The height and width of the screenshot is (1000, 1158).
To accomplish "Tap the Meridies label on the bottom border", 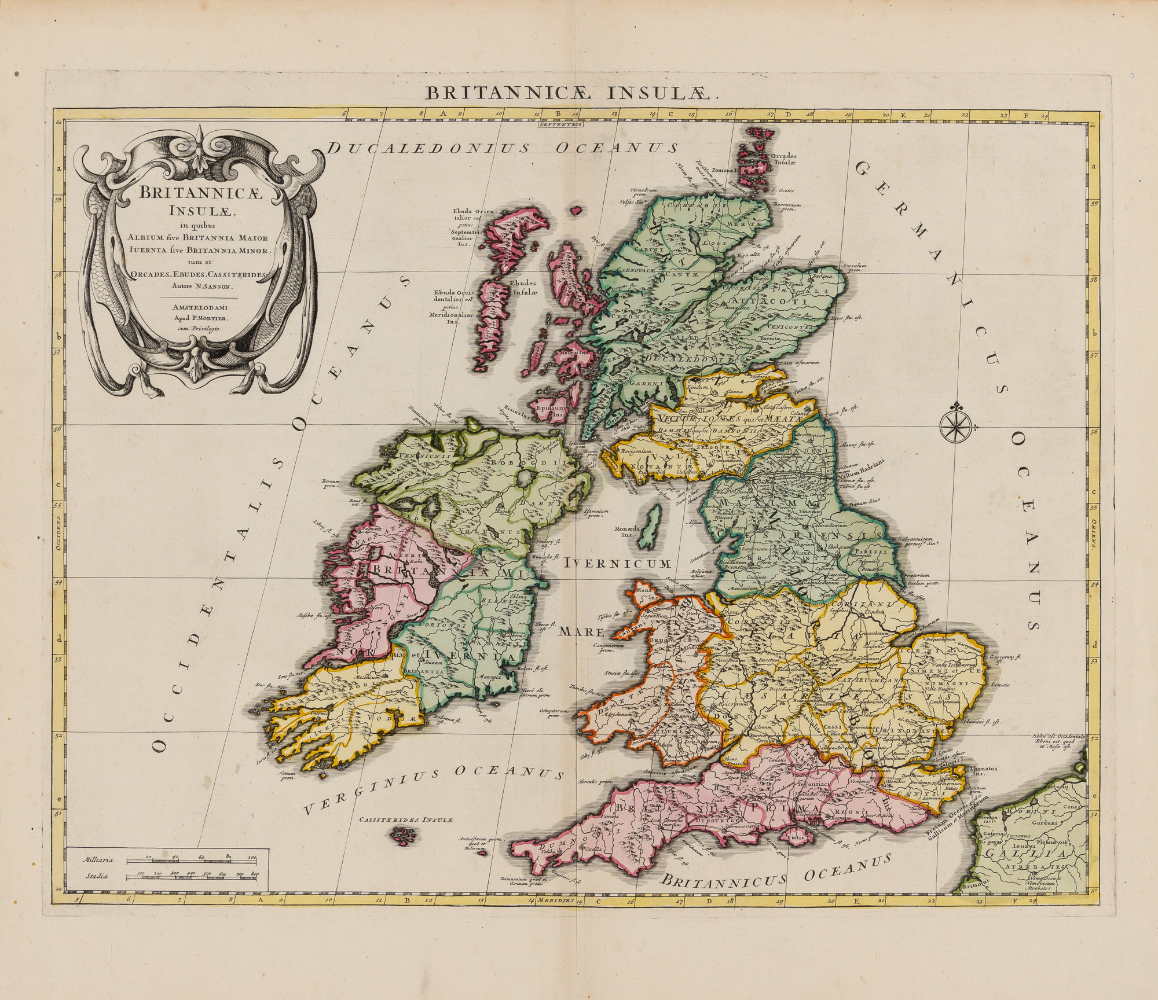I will pos(556,901).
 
